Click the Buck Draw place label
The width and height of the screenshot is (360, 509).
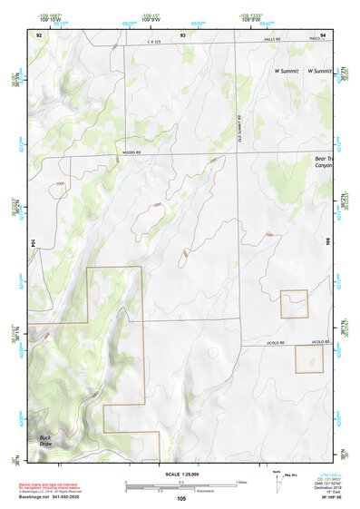pos(46,440)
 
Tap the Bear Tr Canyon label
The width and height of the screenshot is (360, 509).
pos(324,162)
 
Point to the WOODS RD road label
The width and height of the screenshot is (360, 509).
pos(134,153)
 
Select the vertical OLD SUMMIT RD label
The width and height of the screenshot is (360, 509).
pos(239,126)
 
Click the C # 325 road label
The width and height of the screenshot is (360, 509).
pos(161,43)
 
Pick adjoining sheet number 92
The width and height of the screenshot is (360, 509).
pos(39,34)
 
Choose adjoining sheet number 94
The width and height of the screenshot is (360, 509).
pos(323,34)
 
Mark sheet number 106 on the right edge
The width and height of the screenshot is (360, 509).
pos(328,243)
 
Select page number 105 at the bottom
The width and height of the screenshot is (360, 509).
pos(181,498)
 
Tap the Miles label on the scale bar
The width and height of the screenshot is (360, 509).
pos(242,481)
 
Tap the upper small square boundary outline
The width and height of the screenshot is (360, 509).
pos(295,303)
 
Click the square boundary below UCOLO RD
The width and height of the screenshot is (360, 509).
pos(309,358)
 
